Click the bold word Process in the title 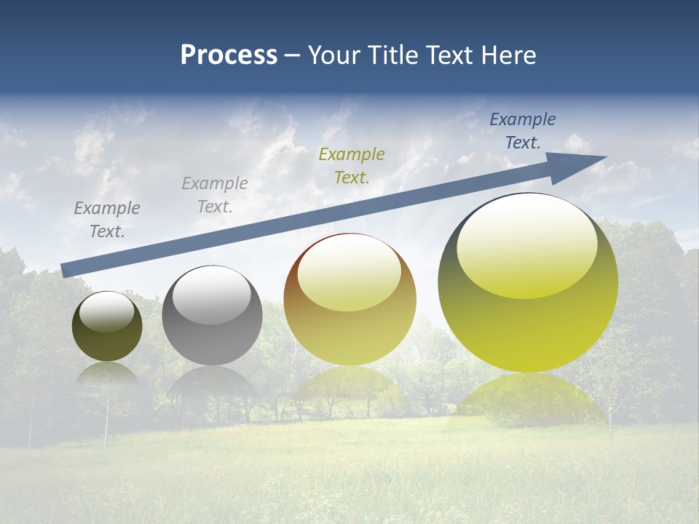[x=229, y=55]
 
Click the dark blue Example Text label [x=523, y=131]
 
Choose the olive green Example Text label [x=352, y=165]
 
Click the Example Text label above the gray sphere [x=215, y=194]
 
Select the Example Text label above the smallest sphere [x=107, y=219]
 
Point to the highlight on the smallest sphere [x=107, y=312]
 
